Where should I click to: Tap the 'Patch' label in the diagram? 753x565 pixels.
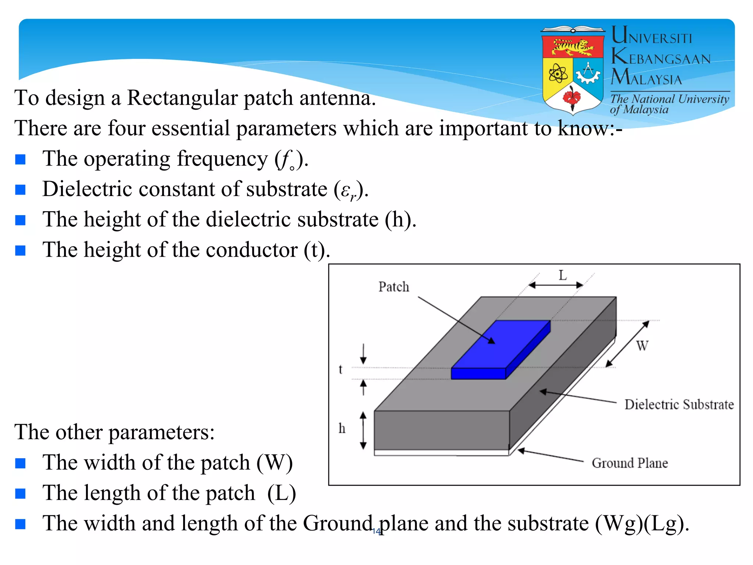pyautogui.click(x=394, y=287)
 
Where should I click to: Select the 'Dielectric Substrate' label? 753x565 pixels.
pyautogui.click(x=679, y=405)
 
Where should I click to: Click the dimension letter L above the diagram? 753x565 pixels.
pyautogui.click(x=563, y=275)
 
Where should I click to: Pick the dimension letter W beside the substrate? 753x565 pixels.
pyautogui.click(x=642, y=346)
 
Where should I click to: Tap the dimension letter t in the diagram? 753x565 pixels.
pyautogui.click(x=340, y=369)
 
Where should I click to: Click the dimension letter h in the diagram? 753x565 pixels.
pyautogui.click(x=342, y=428)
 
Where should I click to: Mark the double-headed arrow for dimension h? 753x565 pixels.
pyautogui.click(x=363, y=430)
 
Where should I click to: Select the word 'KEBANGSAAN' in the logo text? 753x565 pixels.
pyautogui.click(x=661, y=57)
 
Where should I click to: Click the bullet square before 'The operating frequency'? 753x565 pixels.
pyautogui.click(x=20, y=159)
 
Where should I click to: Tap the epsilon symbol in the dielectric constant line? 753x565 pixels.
pyautogui.click(x=345, y=190)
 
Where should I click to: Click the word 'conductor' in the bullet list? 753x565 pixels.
pyautogui.click(x=251, y=250)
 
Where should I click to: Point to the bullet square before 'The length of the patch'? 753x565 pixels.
pyautogui.click(x=20, y=494)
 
